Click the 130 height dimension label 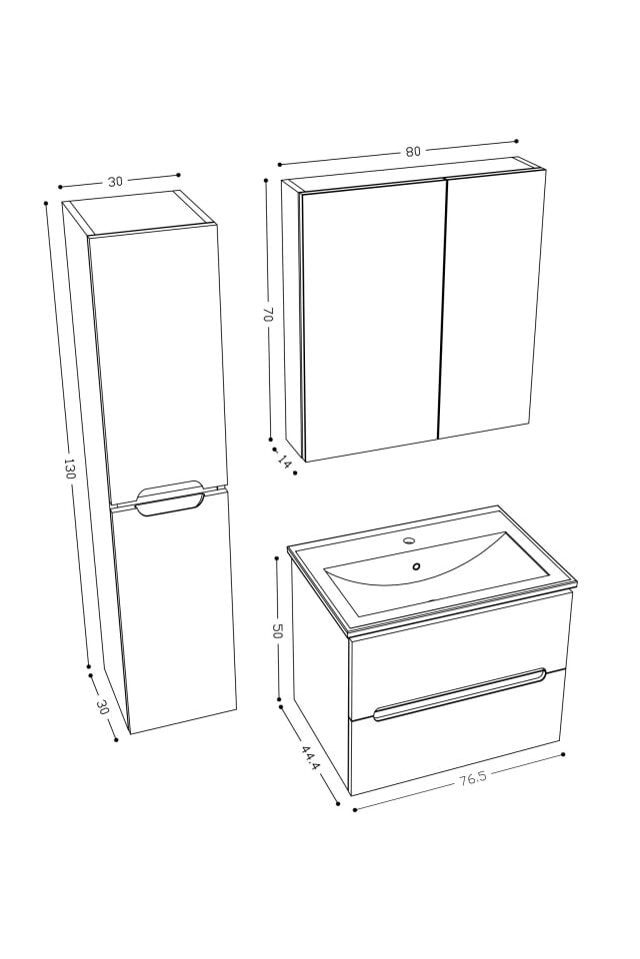[69, 469]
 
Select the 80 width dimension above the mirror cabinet [412, 152]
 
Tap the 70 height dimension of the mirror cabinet [268, 314]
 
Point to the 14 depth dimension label [285, 462]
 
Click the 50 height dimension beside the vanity [278, 630]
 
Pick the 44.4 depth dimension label [310, 758]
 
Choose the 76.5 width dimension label [473, 779]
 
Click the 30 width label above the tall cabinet [115, 182]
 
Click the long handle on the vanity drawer [460, 693]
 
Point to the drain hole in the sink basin [416, 566]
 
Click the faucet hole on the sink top [408, 540]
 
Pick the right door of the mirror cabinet [493, 305]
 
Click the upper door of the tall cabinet [158, 360]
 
